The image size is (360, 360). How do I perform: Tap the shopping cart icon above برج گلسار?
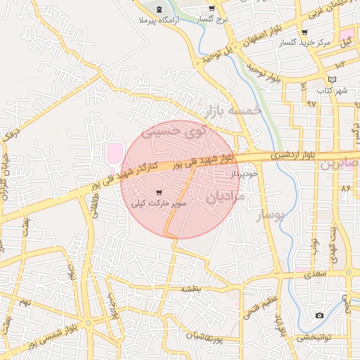212,8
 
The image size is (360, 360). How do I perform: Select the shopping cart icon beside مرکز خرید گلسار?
304,32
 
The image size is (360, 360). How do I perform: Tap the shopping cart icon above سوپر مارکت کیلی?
160,192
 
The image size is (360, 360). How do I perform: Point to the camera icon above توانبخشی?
319,316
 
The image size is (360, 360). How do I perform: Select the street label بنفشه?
191,288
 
